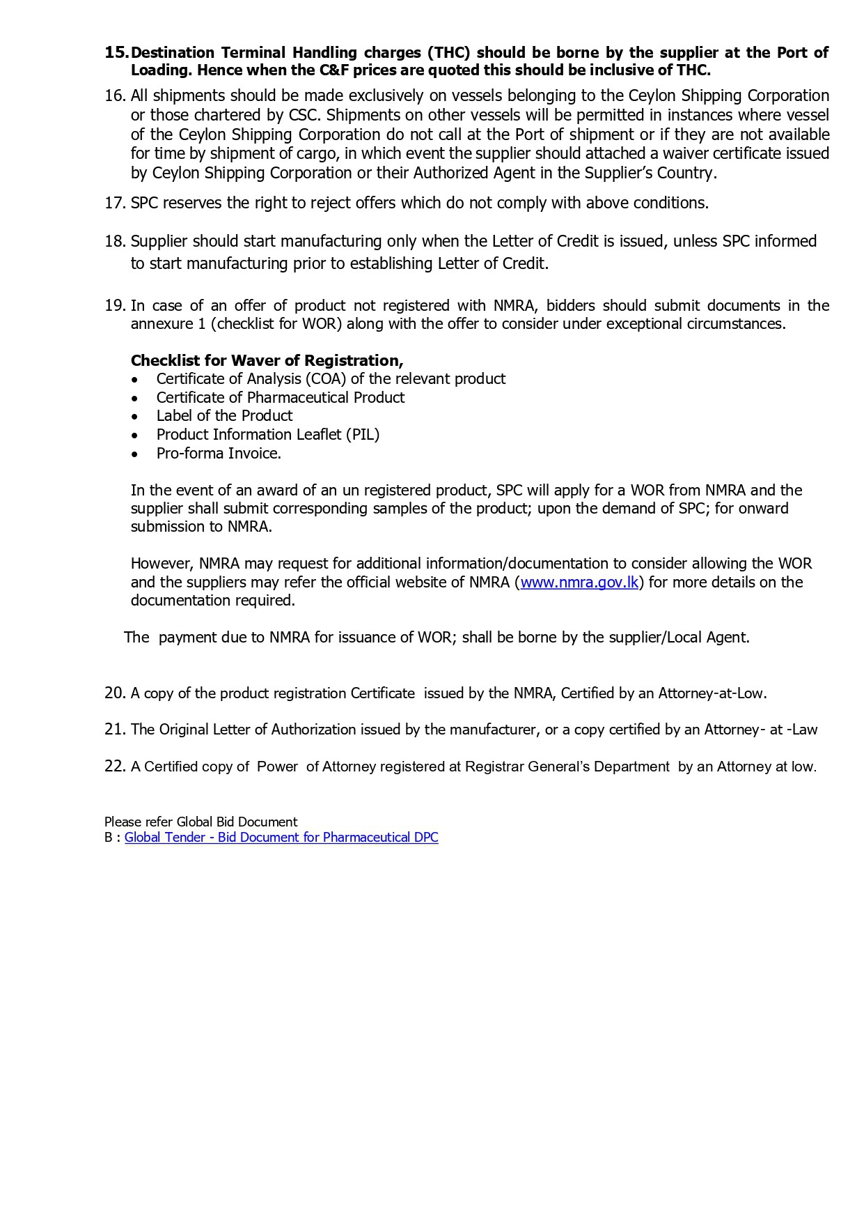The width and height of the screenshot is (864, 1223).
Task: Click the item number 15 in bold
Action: [x=116, y=53]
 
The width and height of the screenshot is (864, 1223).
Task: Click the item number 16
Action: [x=115, y=96]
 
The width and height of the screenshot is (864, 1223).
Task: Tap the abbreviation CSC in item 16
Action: [x=303, y=115]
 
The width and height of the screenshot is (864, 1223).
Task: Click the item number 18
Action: [x=115, y=242]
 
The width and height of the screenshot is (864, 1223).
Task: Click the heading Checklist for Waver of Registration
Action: [x=267, y=361]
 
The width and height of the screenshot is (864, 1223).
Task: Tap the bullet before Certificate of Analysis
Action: [x=135, y=380]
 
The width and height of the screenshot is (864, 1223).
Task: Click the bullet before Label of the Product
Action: [x=135, y=417]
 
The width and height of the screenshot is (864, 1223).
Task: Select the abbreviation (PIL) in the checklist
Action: [x=363, y=435]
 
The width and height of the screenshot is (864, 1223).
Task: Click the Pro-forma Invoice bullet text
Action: [x=219, y=454]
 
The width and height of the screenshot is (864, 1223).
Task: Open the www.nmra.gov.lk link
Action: [x=579, y=583]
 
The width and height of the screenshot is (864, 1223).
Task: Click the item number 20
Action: [x=115, y=693]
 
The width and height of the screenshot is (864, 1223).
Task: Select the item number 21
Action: [x=115, y=730]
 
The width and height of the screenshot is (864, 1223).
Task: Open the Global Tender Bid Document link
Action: [x=281, y=838]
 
